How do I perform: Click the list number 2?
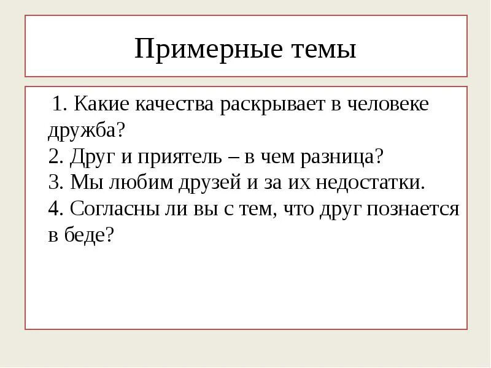[x=54, y=157]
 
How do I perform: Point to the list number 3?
[x=54, y=183]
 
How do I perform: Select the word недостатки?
[x=369, y=183]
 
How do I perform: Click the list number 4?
[x=54, y=209]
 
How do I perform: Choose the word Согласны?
[x=110, y=209]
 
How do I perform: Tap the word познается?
[x=413, y=209]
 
